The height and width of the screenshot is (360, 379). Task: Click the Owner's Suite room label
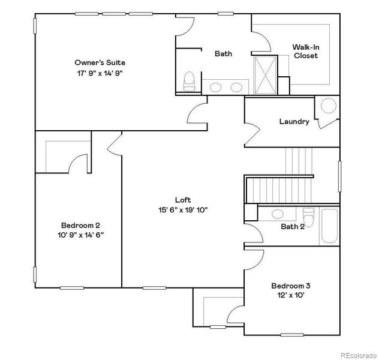tap(100, 62)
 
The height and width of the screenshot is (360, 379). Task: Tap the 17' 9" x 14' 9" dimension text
tap(100, 73)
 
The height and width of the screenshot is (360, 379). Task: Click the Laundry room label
tap(294, 122)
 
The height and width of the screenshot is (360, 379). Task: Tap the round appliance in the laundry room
tap(329, 106)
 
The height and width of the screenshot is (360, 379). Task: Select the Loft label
tap(183, 200)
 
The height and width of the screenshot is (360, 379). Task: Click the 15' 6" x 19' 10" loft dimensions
tap(183, 210)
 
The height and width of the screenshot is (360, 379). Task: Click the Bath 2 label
tap(293, 226)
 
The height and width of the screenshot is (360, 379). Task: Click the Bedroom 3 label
tap(291, 286)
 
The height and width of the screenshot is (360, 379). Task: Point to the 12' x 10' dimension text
tap(291, 295)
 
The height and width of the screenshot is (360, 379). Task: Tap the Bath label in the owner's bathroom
tap(224, 54)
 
